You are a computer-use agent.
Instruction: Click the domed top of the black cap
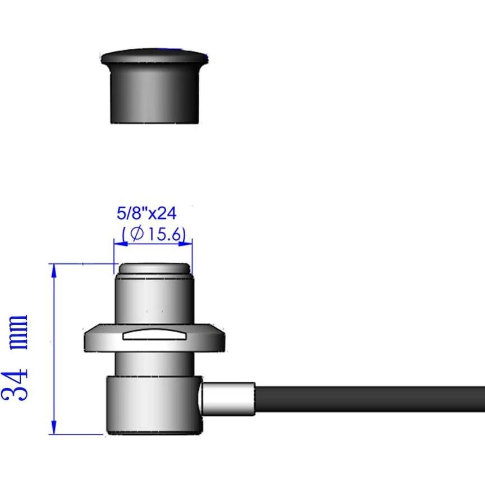[x=154, y=56]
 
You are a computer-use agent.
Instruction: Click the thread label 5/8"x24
[x=147, y=213]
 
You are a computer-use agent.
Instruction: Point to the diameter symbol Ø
[x=136, y=234]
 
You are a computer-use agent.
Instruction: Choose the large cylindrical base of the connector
[x=152, y=404]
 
